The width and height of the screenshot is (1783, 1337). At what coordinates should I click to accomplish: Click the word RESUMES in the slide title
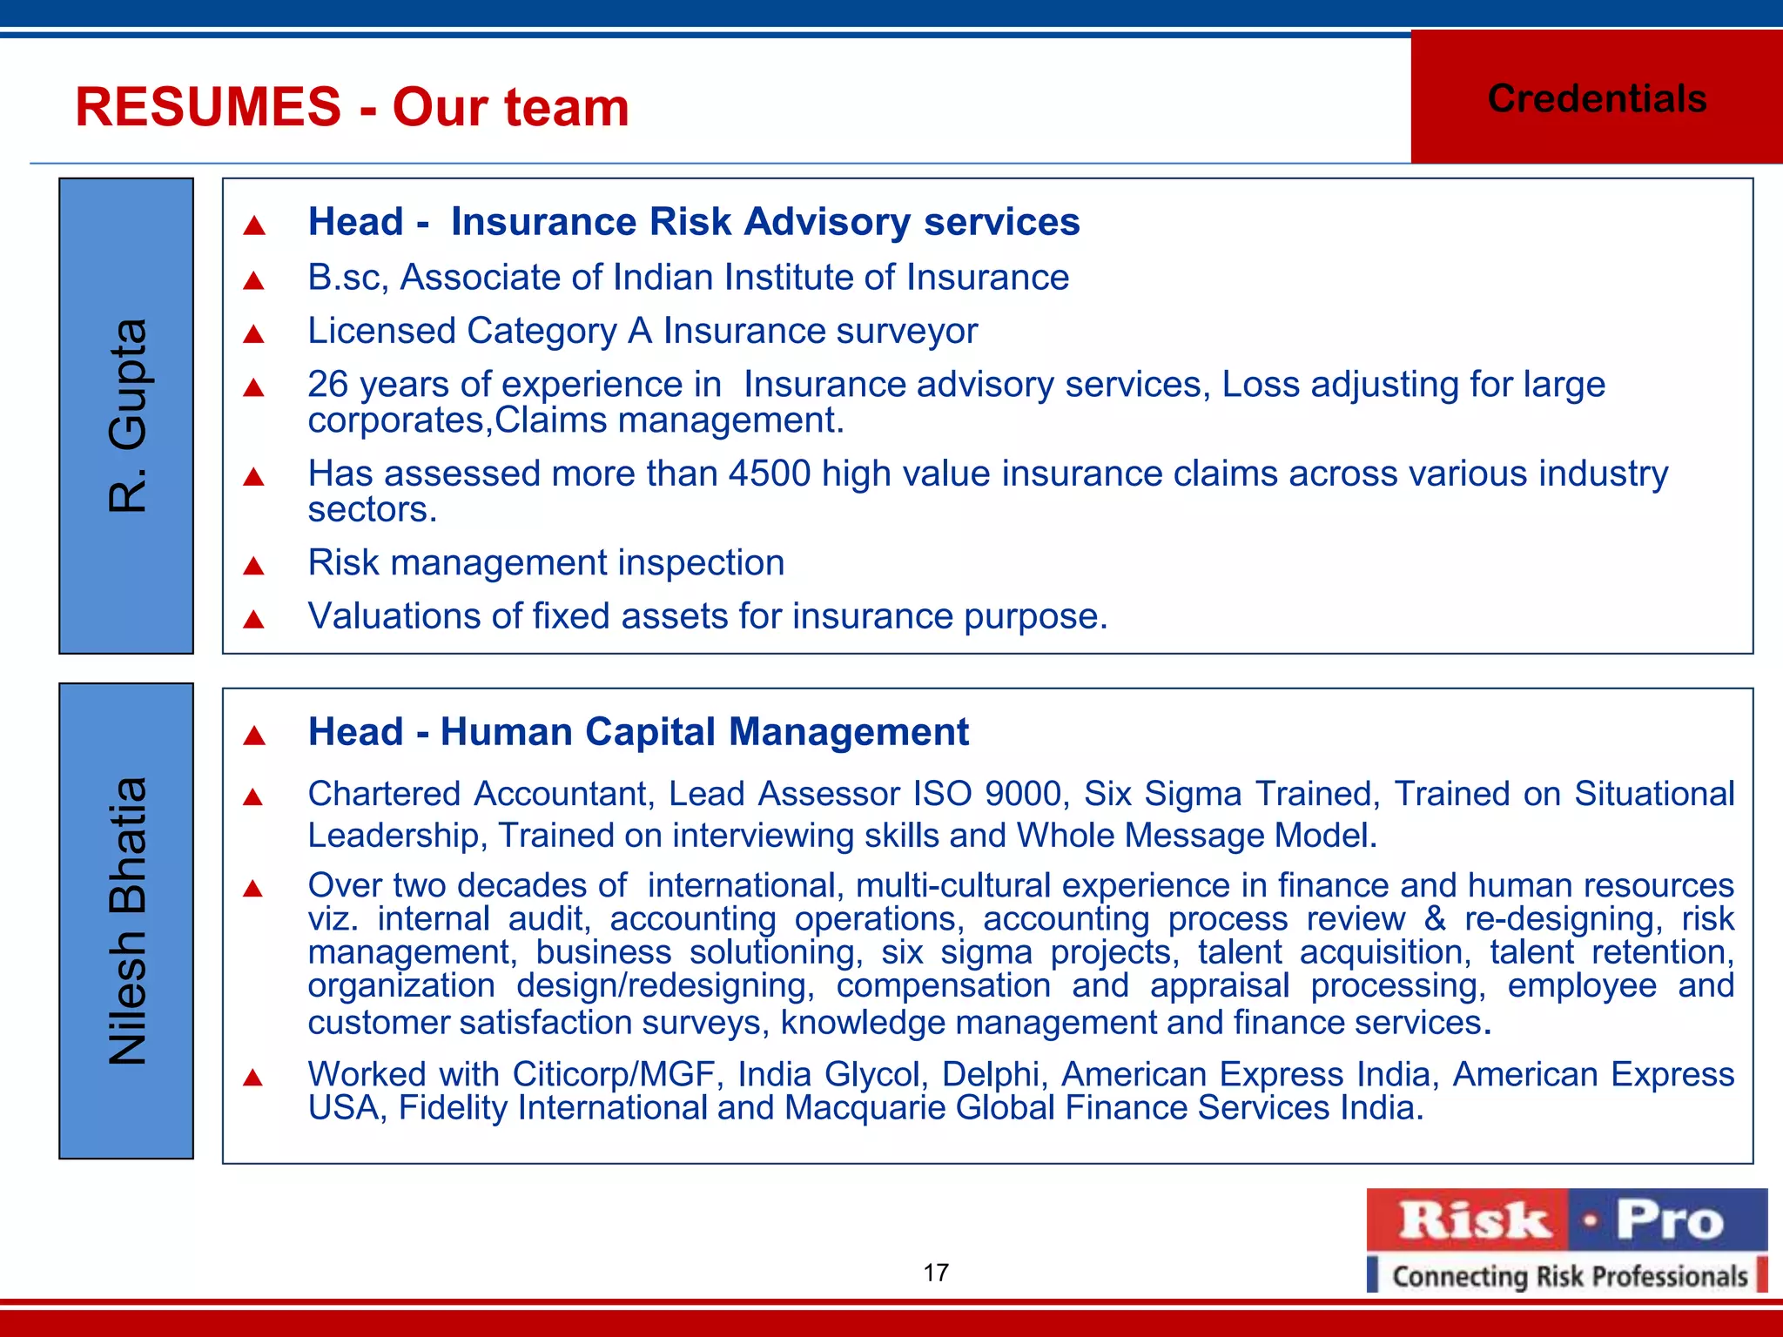tap(208, 107)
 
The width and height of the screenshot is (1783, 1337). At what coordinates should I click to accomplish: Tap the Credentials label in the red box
tap(1597, 98)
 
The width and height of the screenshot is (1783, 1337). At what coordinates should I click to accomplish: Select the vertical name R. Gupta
tap(127, 415)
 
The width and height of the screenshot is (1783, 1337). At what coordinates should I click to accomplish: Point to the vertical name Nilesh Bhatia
tap(127, 921)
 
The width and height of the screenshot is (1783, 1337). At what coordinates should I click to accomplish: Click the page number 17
tap(936, 1273)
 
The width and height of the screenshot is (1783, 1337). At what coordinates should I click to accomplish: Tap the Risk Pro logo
tap(1566, 1219)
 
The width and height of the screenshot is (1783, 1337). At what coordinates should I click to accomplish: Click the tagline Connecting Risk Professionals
tap(1570, 1276)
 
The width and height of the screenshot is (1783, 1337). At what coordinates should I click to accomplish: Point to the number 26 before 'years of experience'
tap(328, 385)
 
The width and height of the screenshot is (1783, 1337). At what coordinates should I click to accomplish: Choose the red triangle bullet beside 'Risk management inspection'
tap(253, 567)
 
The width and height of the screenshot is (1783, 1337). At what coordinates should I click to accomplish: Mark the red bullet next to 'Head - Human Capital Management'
tap(253, 736)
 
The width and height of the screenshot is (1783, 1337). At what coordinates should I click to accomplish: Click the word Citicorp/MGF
tap(614, 1074)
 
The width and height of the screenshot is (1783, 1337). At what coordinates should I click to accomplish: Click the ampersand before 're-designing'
tap(1434, 919)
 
